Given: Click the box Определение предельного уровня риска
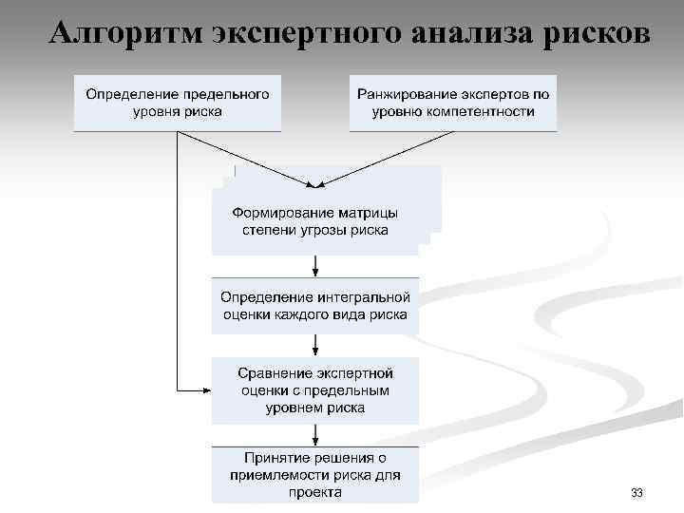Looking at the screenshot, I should [178, 103].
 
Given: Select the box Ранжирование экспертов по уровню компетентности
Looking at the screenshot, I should [453, 103].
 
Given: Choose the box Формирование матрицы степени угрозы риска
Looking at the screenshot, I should [315, 221].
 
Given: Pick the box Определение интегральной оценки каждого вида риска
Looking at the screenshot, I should [315, 305].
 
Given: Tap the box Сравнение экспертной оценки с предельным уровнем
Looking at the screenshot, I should [315, 390].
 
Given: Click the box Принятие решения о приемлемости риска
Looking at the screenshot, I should [315, 474].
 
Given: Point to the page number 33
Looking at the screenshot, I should [636, 493].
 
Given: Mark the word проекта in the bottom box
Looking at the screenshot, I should [315, 491].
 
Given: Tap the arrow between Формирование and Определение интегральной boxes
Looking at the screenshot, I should [314, 266].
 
